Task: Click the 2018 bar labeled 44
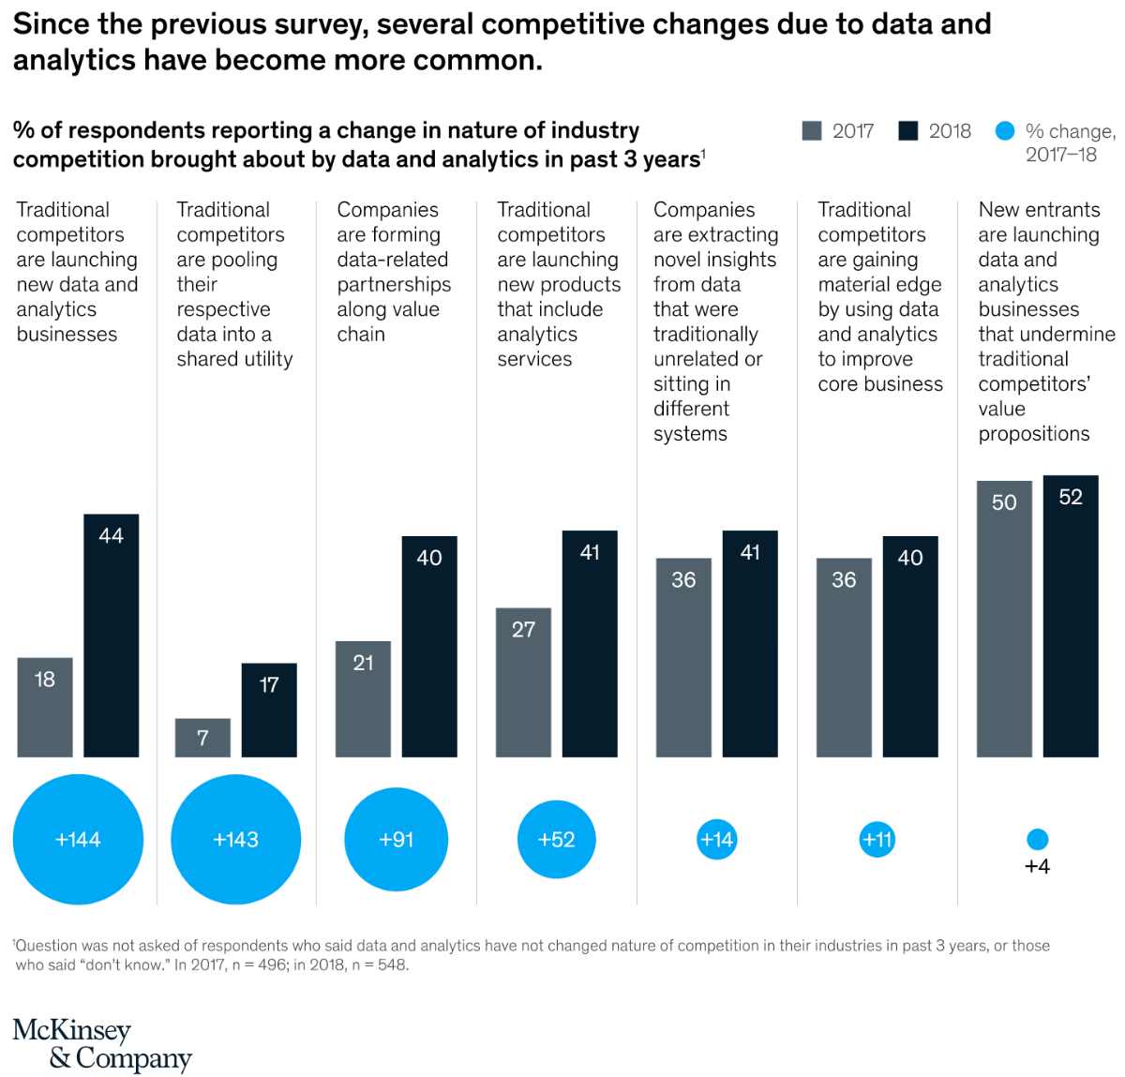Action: click(x=111, y=635)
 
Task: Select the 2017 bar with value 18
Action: click(x=45, y=707)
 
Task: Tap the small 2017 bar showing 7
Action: click(x=202, y=737)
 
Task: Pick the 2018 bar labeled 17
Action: click(x=269, y=710)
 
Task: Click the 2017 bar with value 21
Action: click(x=363, y=698)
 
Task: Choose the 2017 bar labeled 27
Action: click(x=523, y=682)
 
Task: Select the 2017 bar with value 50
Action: click(x=1004, y=619)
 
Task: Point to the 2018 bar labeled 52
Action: click(x=1071, y=616)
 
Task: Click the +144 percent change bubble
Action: click(x=78, y=839)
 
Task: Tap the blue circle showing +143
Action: click(x=236, y=839)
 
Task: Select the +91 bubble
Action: click(x=396, y=839)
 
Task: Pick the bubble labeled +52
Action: click(x=556, y=839)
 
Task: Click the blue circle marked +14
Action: click(x=717, y=839)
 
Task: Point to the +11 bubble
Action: click(x=877, y=839)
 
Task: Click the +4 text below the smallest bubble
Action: click(x=1037, y=866)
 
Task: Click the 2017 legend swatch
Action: click(x=812, y=130)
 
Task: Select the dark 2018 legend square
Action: click(x=908, y=130)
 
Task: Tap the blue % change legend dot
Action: click(x=1005, y=130)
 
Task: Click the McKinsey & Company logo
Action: click(x=102, y=1043)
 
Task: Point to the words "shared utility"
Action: click(x=234, y=359)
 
